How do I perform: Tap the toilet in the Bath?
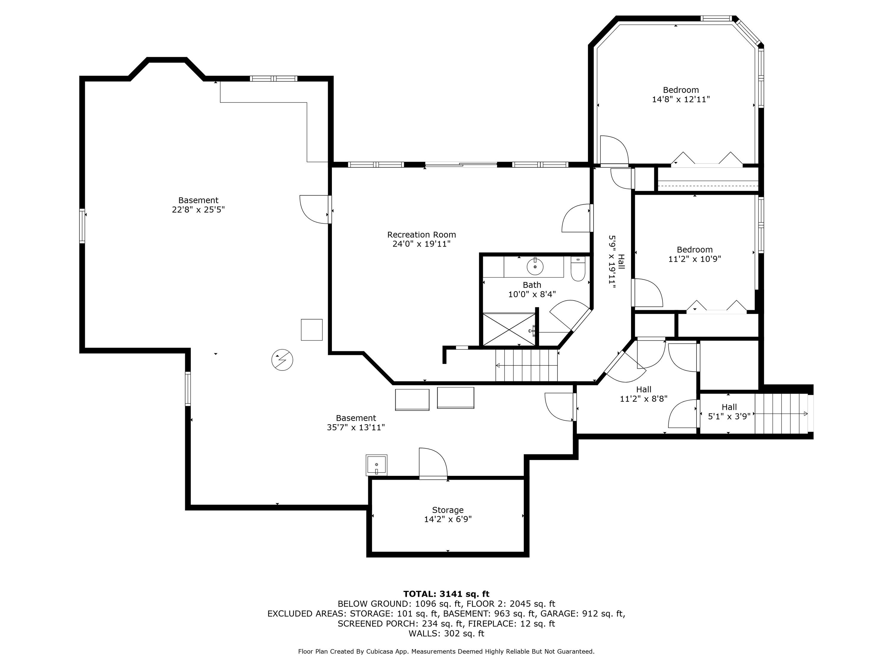pyautogui.click(x=578, y=269)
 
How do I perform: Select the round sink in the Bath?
pyautogui.click(x=535, y=267)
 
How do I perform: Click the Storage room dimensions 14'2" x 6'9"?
pyautogui.click(x=448, y=519)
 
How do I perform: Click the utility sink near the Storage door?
pyautogui.click(x=376, y=465)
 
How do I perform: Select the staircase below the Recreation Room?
pyautogui.click(x=527, y=365)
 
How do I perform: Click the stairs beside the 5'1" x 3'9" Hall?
pyautogui.click(x=781, y=414)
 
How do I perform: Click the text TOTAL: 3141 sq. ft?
pyautogui.click(x=446, y=594)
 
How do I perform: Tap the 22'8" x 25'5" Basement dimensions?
pyautogui.click(x=198, y=210)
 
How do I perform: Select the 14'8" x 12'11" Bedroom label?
pyautogui.click(x=681, y=94)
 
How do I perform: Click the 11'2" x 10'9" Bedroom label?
pyautogui.click(x=694, y=254)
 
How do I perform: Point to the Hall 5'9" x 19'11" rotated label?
pyautogui.click(x=616, y=262)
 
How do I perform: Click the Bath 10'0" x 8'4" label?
pyautogui.click(x=532, y=289)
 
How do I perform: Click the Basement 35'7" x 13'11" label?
pyautogui.click(x=356, y=423)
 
